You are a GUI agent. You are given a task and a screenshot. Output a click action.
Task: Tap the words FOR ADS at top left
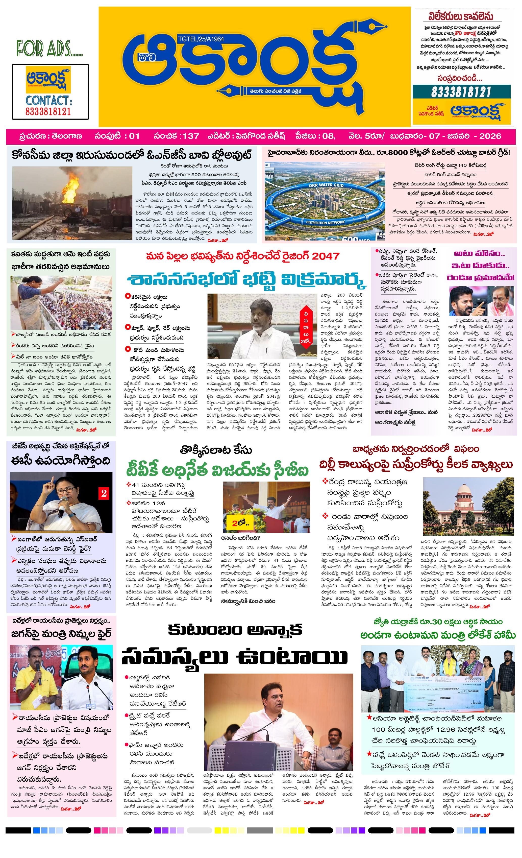(x=49, y=49)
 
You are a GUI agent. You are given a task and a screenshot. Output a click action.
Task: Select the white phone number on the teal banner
(x=461, y=92)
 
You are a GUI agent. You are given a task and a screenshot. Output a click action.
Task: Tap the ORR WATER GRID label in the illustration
(x=326, y=185)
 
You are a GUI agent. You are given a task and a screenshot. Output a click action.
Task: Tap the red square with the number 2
(x=104, y=493)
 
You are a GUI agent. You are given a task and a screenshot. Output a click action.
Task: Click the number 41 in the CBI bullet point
(x=135, y=485)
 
